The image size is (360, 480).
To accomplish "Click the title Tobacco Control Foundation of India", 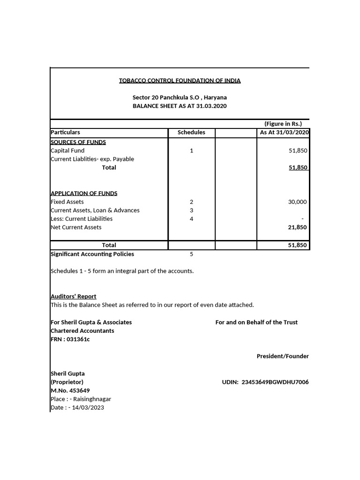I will click(180, 81).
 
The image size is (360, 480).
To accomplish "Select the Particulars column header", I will click(66, 133).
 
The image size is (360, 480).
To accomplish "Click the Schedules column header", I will click(191, 133).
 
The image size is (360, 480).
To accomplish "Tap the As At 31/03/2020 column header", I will click(284, 133).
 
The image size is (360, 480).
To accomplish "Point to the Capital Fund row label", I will click(67, 151).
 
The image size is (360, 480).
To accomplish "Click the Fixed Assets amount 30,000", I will click(297, 202).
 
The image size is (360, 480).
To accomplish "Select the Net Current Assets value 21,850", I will click(297, 227).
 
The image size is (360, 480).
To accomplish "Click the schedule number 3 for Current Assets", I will click(191, 210).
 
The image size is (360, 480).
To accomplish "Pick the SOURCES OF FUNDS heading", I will click(78, 142).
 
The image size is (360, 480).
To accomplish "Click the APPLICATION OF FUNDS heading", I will click(84, 194).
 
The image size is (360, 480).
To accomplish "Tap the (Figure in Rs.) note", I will click(283, 124).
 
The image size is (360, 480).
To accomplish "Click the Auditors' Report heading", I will click(73, 297).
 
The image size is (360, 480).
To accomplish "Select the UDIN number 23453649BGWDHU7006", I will click(275, 382).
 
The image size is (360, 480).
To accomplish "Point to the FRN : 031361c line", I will click(70, 339).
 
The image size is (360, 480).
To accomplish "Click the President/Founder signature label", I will click(282, 357).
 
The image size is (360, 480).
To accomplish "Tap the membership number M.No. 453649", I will click(70, 391).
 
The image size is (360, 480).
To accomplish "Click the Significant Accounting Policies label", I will click(92, 254).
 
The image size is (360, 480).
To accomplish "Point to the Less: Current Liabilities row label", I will click(82, 219).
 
